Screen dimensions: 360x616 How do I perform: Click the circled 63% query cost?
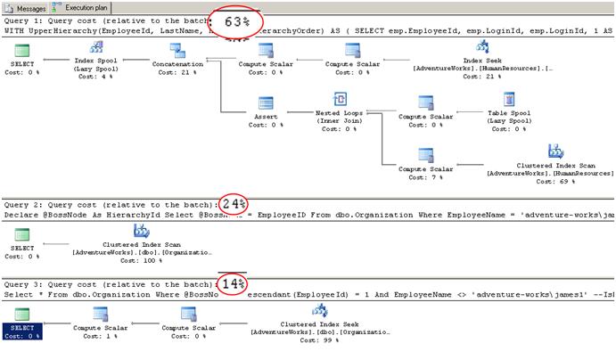point(234,22)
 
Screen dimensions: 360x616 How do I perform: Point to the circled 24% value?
point(234,204)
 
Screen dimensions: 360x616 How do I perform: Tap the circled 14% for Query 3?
point(234,284)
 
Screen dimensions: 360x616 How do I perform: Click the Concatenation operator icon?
point(177,49)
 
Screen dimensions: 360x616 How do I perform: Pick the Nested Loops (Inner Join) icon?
point(340,100)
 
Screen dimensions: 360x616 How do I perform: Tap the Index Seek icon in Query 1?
point(482,47)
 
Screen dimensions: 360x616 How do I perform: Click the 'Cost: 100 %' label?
point(139,259)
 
